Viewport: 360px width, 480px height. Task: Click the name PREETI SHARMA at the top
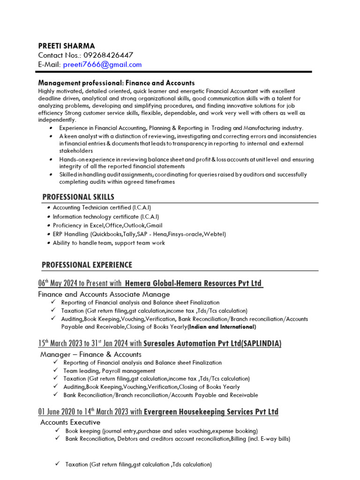66,46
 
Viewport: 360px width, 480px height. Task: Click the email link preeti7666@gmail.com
102,65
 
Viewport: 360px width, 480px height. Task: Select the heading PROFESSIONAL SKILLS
78,197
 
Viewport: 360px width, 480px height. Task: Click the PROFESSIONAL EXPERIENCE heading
87,265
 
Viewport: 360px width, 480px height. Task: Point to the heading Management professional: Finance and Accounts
116,83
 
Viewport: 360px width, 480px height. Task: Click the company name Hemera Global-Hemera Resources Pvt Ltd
193,284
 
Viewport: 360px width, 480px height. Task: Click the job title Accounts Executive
70,422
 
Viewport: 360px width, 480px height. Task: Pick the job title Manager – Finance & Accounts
90,354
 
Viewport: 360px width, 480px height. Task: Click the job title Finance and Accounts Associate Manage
104,294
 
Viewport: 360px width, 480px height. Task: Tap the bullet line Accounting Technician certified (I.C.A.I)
102,208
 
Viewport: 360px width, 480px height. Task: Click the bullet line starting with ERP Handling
139,234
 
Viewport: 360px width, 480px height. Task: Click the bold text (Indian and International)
222,327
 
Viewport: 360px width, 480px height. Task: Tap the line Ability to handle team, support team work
109,243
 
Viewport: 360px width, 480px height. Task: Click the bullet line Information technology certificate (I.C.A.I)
106,217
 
